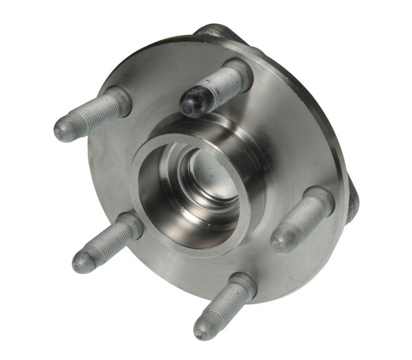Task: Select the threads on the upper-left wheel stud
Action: (89, 116)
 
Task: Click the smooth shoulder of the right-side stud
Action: (321, 201)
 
